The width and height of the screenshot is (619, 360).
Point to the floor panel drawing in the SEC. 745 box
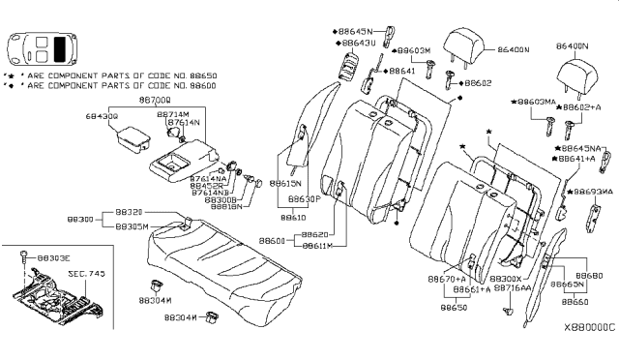(x=58, y=295)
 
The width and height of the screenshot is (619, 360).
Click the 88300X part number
(x=509, y=278)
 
